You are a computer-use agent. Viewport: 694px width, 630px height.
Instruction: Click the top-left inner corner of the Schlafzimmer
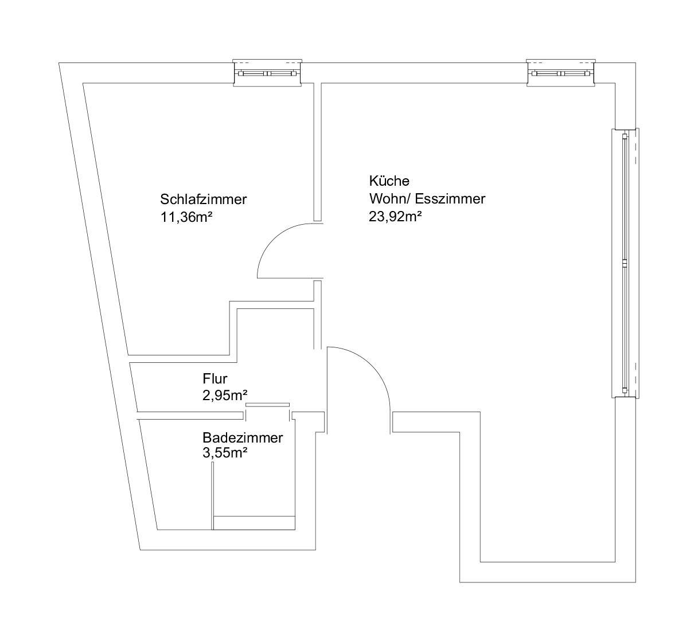pos(83,83)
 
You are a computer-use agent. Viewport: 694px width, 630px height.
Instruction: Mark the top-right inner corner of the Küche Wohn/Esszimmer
pos(615,83)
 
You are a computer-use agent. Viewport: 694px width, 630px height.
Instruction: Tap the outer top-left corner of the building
pos(59,63)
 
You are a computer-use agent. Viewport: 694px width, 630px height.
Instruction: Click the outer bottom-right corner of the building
pos(635,582)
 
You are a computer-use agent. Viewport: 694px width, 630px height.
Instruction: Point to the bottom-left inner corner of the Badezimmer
pos(157,530)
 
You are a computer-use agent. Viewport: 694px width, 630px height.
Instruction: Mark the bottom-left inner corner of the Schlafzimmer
pos(128,355)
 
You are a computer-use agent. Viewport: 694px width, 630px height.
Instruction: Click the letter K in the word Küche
pos(373,181)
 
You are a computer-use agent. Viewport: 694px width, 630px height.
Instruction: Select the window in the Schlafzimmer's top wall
pos(267,73)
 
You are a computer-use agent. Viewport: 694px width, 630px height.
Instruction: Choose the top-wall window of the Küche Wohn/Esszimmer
pos(560,73)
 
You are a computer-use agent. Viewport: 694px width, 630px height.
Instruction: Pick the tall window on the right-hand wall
pos(625,263)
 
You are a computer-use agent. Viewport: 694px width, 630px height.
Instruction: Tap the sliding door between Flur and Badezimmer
pos(267,405)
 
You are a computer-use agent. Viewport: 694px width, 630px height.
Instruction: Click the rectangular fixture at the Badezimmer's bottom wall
pos(254,523)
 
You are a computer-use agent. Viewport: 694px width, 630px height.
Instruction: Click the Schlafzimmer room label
pos(204,199)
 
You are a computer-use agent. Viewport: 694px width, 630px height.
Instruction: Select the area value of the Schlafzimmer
pos(186,217)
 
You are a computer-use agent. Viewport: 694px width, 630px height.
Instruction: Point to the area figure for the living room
pos(395,217)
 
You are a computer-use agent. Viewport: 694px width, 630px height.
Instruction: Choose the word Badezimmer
pos(243,438)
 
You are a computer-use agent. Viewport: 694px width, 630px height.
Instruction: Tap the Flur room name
pos(215,379)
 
